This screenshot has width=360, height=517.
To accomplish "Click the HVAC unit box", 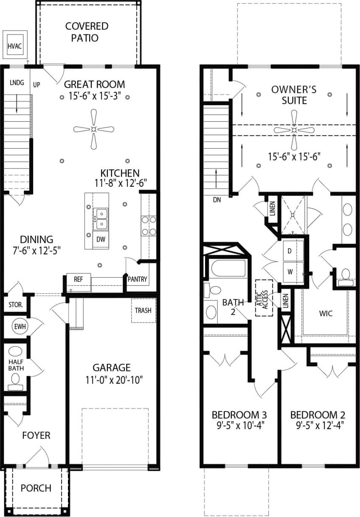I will coord(15,45).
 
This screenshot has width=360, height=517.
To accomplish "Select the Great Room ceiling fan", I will coord(94,129).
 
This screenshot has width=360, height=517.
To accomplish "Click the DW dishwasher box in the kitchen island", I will coord(101,239).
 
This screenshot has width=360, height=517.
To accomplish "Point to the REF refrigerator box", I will coord(79,279).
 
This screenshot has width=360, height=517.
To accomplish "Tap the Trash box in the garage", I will coord(143,310).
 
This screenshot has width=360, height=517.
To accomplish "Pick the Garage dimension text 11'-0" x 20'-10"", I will coord(112,379).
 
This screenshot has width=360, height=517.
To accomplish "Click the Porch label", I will coord(36,488).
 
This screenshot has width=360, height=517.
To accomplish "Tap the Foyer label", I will coord(36,436).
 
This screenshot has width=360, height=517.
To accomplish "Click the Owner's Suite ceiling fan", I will coord(294,129).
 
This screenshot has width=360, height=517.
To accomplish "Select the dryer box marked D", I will coord(290,251).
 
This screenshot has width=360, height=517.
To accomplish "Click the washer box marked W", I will coord(290,271).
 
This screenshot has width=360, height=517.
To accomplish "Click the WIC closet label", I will coord(326,314).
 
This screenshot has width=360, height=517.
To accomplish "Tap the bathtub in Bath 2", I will coord(228,268).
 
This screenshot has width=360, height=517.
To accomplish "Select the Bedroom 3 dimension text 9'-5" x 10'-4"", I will coord(239,425).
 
